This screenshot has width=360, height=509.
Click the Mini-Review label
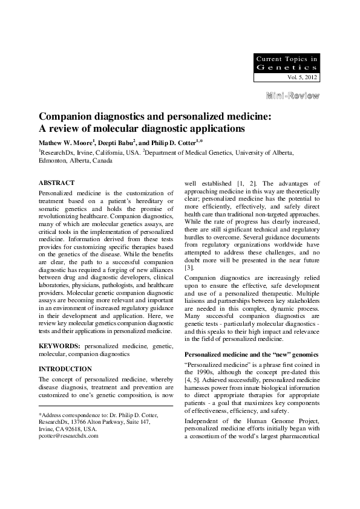tap(293, 96)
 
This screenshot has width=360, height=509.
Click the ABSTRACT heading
tap(56, 183)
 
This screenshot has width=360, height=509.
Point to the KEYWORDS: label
tap(60, 346)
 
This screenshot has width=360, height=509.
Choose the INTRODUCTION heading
tap(65, 368)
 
